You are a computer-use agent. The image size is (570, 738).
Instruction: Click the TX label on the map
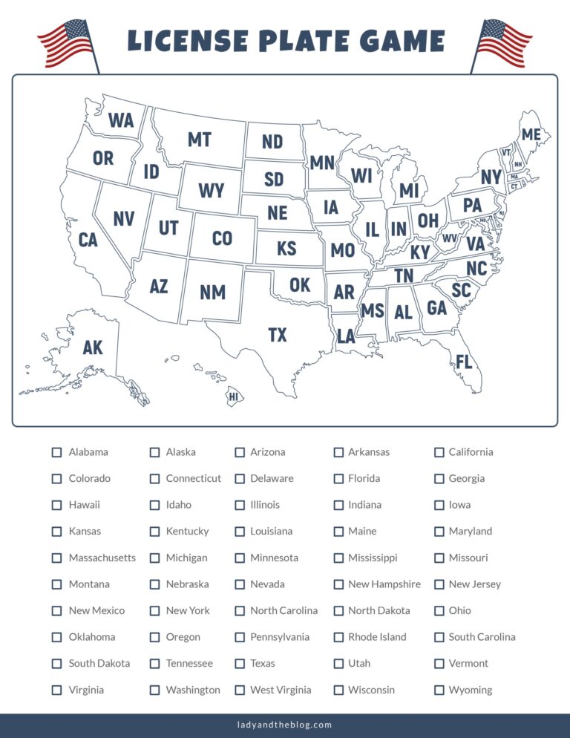(277, 336)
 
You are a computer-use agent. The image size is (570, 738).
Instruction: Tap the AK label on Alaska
(93, 347)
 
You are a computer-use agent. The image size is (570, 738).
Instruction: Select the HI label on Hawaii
(234, 397)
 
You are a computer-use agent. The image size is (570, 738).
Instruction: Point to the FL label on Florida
(464, 362)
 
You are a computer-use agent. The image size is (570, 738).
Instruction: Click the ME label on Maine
(531, 134)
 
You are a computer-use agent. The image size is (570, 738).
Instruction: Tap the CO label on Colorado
(222, 238)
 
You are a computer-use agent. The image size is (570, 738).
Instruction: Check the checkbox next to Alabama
(56, 452)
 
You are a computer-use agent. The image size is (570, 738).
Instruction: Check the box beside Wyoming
(439, 690)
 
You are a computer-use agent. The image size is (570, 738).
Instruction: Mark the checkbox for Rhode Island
(338, 637)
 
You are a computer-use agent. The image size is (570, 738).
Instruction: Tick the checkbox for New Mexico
(56, 610)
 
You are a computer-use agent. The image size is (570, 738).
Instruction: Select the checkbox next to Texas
(240, 663)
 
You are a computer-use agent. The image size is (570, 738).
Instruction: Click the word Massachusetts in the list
(102, 558)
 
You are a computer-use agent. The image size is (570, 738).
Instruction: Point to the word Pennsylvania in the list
(280, 637)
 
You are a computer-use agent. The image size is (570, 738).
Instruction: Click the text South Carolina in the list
(482, 637)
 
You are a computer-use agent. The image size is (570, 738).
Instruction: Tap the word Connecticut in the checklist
(193, 478)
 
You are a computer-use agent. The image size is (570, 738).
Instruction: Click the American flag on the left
(67, 45)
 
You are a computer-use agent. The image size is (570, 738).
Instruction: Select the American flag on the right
(503, 45)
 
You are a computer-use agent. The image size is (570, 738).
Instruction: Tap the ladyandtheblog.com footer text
(285, 725)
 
